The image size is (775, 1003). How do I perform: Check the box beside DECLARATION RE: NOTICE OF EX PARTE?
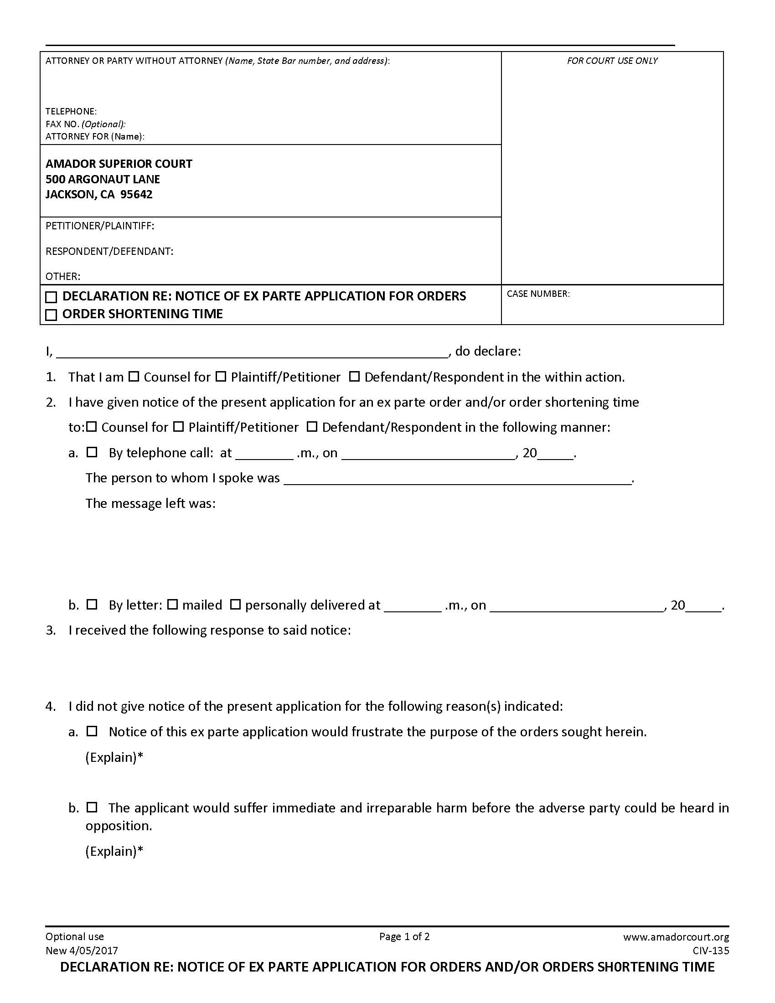[x=51, y=297]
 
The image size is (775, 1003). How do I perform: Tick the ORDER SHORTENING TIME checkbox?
[x=51, y=315]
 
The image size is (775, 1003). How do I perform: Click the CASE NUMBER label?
[x=537, y=294]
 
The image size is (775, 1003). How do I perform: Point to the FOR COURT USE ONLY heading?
[x=611, y=61]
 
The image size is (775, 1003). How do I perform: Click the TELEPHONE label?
[x=71, y=111]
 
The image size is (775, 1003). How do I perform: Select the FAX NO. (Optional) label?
[x=85, y=124]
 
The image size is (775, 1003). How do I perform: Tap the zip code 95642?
[x=136, y=194]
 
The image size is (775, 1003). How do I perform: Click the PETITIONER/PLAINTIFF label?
[x=100, y=226]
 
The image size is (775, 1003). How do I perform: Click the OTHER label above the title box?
[x=62, y=276]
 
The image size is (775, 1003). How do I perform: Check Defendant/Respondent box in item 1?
[x=354, y=377]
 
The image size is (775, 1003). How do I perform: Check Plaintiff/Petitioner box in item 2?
[x=179, y=427]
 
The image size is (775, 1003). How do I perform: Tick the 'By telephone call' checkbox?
[x=92, y=452]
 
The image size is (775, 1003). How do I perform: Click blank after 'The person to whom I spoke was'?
[x=458, y=479]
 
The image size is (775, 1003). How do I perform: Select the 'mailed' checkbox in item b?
[x=172, y=605]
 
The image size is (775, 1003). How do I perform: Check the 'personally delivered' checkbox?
[x=235, y=605]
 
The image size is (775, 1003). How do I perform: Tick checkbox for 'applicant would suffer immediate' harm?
[x=92, y=807]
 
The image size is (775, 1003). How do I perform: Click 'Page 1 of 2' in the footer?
[x=404, y=936]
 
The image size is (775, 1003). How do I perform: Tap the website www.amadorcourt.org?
[x=675, y=937]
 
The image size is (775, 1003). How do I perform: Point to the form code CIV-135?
[x=711, y=951]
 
